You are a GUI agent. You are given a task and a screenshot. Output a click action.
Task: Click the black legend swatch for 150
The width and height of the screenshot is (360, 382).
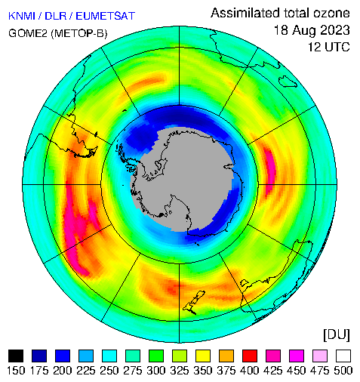point(16,356)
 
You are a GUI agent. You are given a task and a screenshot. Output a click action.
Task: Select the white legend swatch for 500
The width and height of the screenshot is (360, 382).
point(343,356)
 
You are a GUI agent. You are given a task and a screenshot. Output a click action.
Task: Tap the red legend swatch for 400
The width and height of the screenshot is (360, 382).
point(250,356)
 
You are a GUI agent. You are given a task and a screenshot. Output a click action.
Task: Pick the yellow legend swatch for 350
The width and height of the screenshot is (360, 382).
point(203,356)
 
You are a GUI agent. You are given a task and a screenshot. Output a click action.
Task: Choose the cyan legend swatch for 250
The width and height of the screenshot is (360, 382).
point(109,356)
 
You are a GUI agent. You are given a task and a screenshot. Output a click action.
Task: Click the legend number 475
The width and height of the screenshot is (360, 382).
point(319,371)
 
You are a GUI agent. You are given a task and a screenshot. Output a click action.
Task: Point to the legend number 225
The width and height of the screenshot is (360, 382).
point(86,371)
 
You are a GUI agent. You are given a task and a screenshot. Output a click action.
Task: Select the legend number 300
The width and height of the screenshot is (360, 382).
point(156,371)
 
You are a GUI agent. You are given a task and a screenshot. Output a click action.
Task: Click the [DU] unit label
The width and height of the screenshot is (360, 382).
point(337,335)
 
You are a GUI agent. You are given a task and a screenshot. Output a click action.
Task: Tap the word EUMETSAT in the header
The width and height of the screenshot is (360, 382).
point(106,16)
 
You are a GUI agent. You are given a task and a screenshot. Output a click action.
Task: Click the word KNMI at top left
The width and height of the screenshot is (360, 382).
point(21,16)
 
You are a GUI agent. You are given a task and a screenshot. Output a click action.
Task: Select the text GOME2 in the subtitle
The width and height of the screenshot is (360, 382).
point(28,33)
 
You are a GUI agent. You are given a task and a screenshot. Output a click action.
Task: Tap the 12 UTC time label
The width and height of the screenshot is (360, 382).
point(329,47)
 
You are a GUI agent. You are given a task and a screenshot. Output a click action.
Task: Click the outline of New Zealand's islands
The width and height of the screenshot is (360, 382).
point(194,303)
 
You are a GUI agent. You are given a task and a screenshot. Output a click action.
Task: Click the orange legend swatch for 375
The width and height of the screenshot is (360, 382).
point(226,356)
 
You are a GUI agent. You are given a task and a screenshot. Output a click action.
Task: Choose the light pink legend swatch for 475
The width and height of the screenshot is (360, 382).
point(320,356)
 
